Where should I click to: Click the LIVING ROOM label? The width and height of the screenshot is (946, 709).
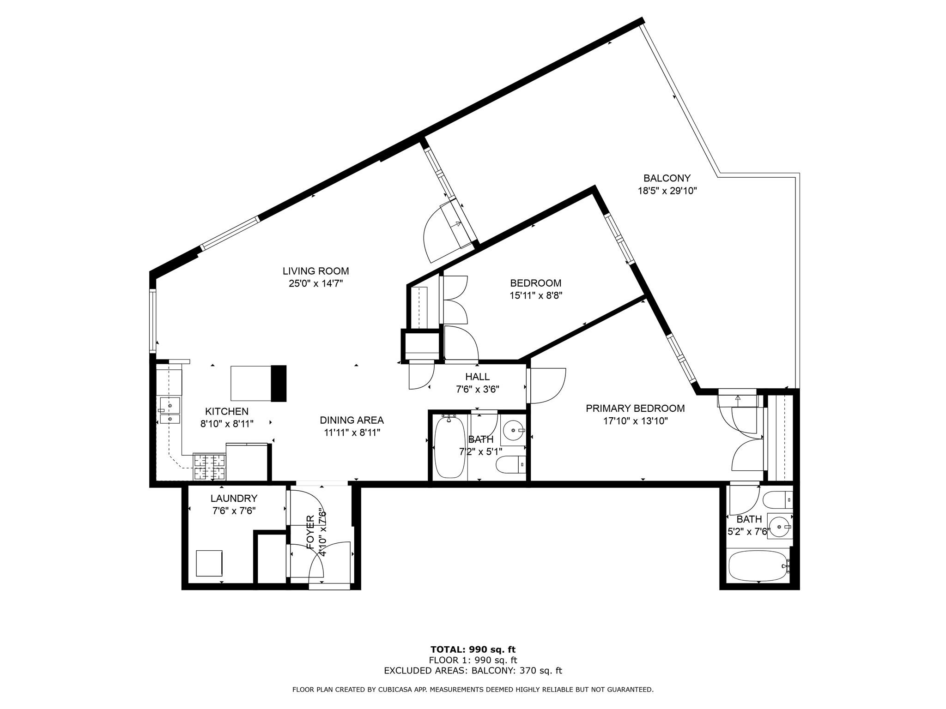[x=315, y=271]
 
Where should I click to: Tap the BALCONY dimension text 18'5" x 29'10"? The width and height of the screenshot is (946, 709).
[x=667, y=191]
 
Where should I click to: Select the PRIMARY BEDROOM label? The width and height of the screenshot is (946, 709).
[x=635, y=408]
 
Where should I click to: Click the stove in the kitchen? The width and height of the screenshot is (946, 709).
[x=209, y=466]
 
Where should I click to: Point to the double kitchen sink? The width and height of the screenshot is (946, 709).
[x=170, y=412]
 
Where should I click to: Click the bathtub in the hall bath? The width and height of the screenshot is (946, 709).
[x=450, y=447]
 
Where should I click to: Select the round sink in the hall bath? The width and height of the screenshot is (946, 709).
[x=513, y=431]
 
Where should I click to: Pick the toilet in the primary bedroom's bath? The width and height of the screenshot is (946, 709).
[x=777, y=500]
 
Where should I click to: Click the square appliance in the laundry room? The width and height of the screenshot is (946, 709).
[x=209, y=563]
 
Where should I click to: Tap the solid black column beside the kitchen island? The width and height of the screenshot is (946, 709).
[x=279, y=383]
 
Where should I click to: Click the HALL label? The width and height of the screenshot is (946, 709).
[x=477, y=377]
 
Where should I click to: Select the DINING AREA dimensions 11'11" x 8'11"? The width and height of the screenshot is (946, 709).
[x=352, y=433]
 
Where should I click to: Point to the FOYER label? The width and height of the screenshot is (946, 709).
[x=310, y=532]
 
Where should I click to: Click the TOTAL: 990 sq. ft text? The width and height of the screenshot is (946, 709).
[x=473, y=649]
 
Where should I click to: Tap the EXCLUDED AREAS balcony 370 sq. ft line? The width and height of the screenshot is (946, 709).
[x=473, y=671]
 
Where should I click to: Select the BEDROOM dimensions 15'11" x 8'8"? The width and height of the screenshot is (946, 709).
[x=535, y=295]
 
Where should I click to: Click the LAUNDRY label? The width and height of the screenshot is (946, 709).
[x=234, y=498]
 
